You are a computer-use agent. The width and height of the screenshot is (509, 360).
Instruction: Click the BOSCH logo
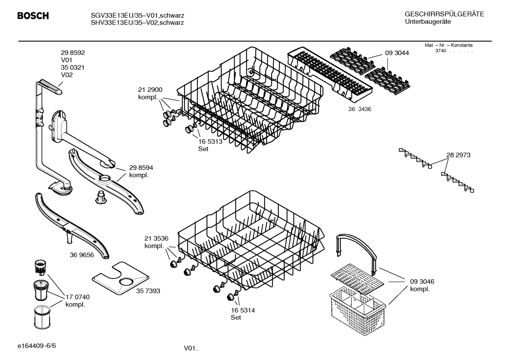coord(33,16)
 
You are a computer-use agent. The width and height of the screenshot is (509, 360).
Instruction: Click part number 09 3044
coord(397,53)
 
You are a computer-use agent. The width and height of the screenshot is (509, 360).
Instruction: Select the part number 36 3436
coord(360,109)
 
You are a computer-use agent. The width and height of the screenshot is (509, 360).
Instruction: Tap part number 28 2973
coord(458,155)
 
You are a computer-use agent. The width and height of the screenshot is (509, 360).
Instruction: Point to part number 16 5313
coord(210,141)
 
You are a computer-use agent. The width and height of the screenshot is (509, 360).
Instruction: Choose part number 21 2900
coord(150,90)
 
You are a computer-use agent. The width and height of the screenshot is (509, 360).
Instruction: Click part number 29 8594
coord(141,168)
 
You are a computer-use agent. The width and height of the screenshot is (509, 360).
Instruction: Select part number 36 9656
coord(82,255)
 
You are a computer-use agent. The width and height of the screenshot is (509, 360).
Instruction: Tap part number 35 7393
coord(148,291)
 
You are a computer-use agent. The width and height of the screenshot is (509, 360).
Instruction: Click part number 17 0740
coord(78,297)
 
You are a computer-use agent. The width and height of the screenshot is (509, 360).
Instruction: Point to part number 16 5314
coord(243,310)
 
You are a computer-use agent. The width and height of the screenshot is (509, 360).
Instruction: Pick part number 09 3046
coord(422,282)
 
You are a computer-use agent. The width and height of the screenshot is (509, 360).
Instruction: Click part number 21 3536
coord(156,238)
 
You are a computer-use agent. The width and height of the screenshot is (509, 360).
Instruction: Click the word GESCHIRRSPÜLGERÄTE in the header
coord(444,14)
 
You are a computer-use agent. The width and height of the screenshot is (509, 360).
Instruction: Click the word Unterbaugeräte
coord(427,22)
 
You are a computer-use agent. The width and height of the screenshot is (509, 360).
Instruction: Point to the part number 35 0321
coord(73,67)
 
